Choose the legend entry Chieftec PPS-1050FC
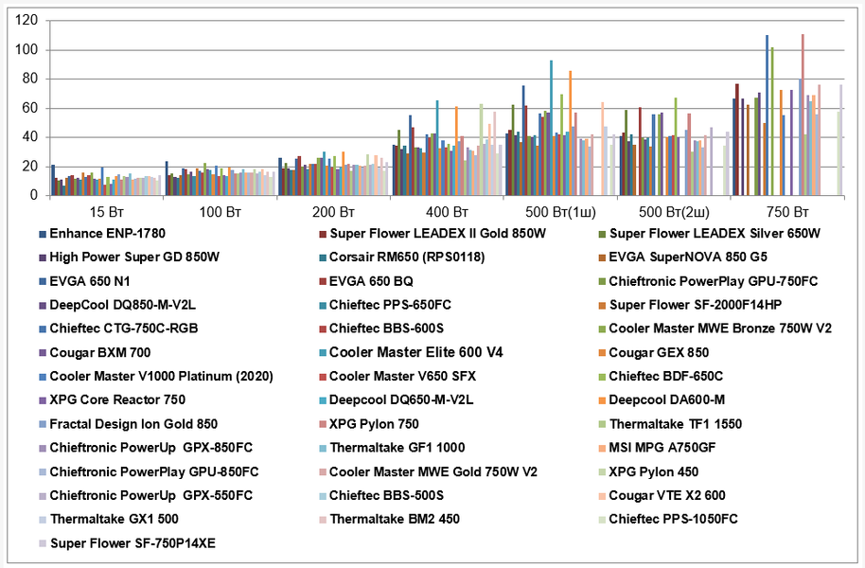tap(673, 519)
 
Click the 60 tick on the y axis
tap(29, 108)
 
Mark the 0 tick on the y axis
tap(33, 196)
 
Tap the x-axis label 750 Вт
tap(786, 210)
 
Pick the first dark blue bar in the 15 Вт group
tap(53, 180)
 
